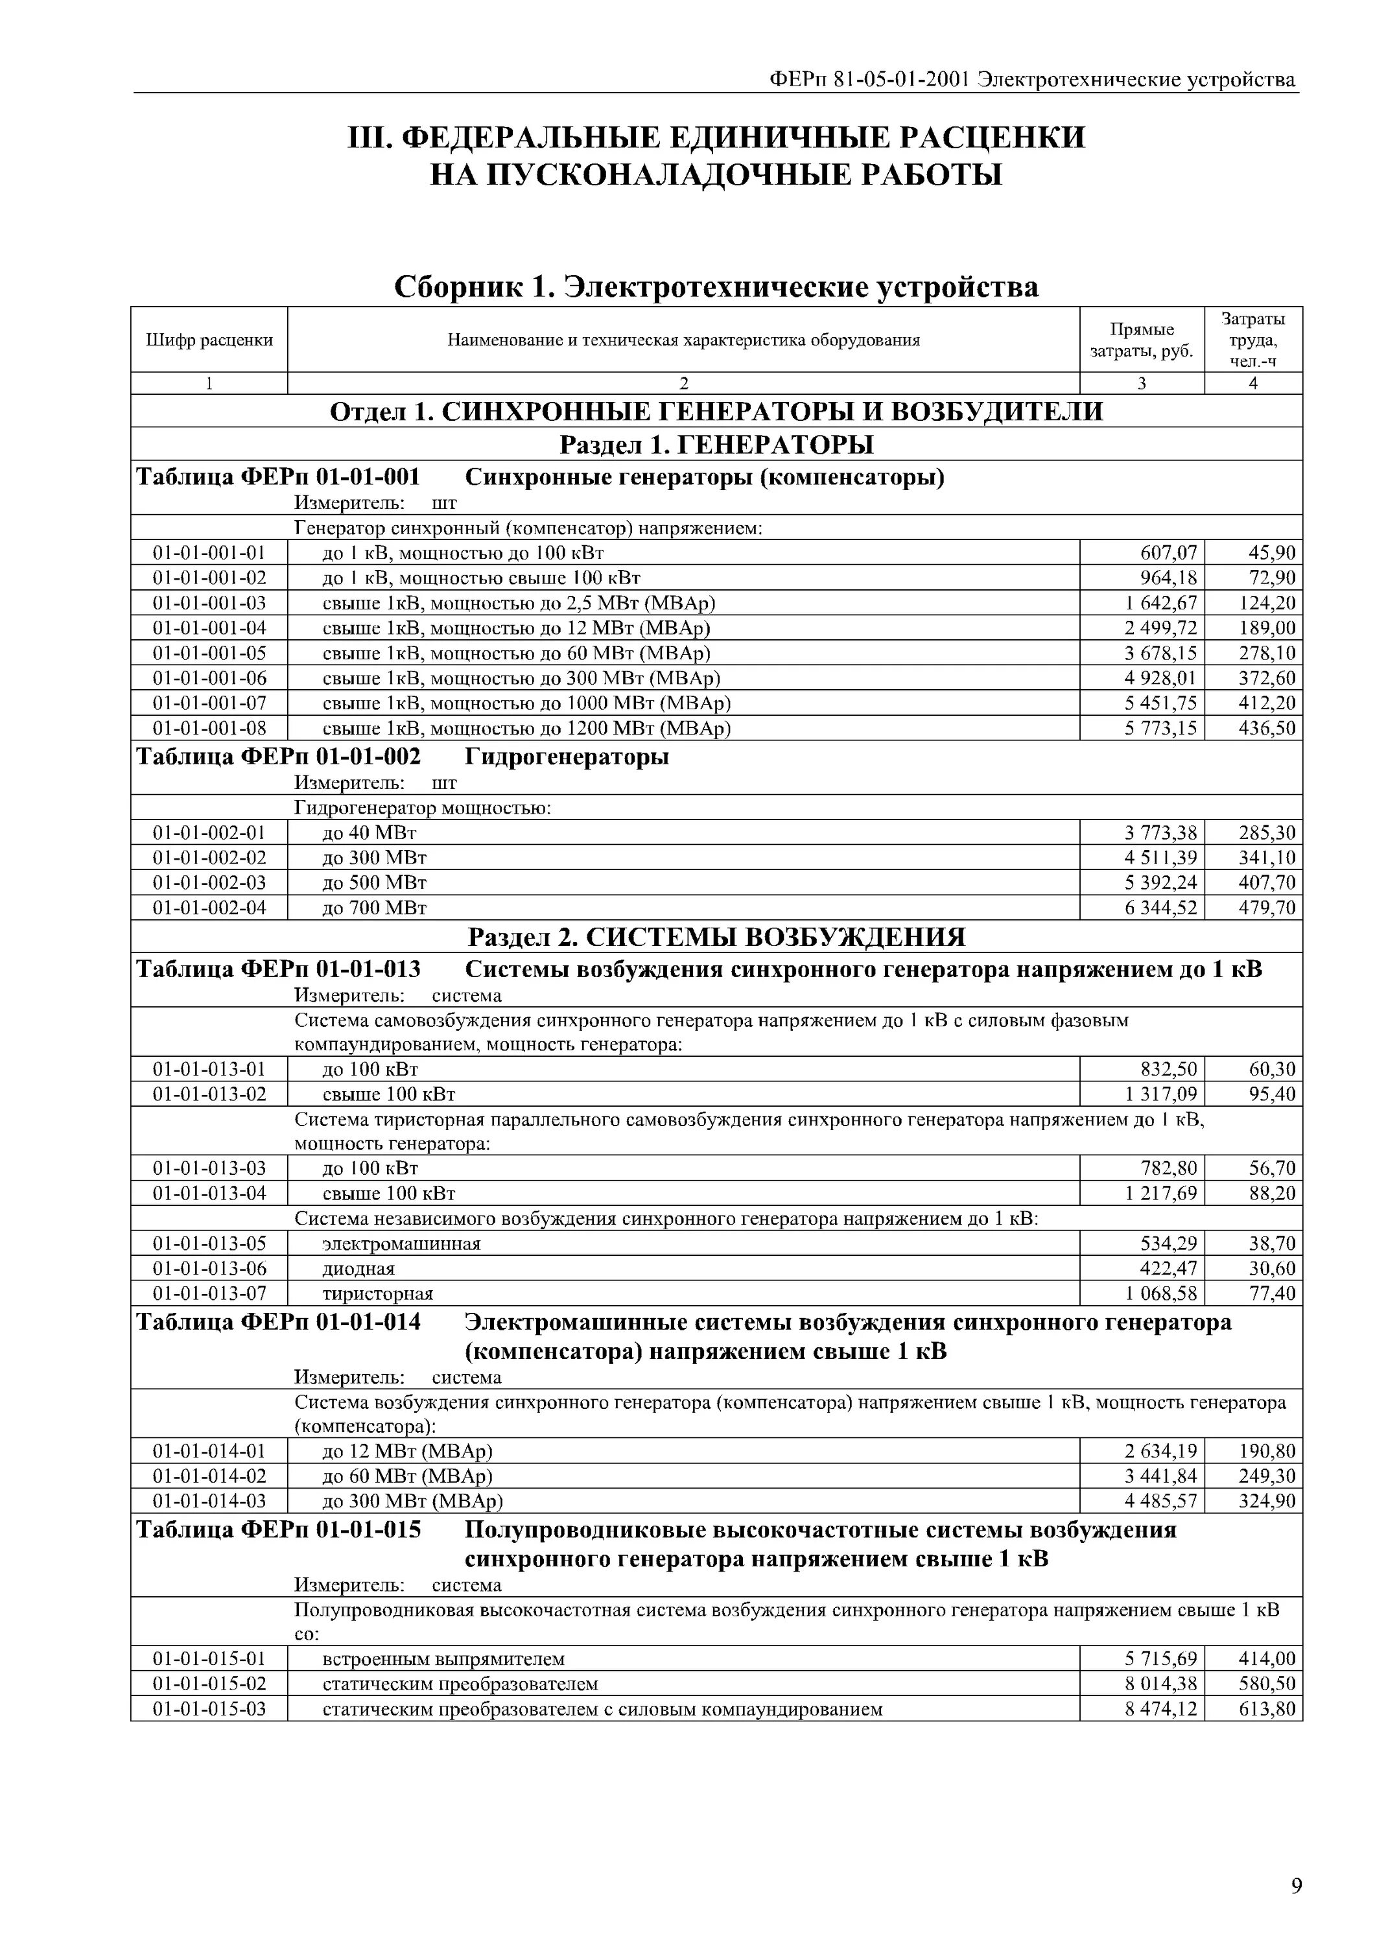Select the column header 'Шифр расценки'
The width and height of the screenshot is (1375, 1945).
(x=209, y=340)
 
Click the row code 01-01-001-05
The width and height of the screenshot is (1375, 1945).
(x=209, y=653)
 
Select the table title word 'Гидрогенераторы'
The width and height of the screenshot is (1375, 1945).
(x=567, y=757)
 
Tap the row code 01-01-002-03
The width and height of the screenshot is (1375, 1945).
(x=209, y=882)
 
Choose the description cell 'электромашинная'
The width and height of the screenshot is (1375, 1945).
(x=401, y=1244)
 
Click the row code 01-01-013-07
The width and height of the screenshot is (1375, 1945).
(x=209, y=1293)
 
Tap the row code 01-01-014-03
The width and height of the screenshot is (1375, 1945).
(x=209, y=1501)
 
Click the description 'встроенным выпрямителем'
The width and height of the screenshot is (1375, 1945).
(x=443, y=1658)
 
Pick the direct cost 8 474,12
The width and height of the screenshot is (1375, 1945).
(x=1160, y=1708)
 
